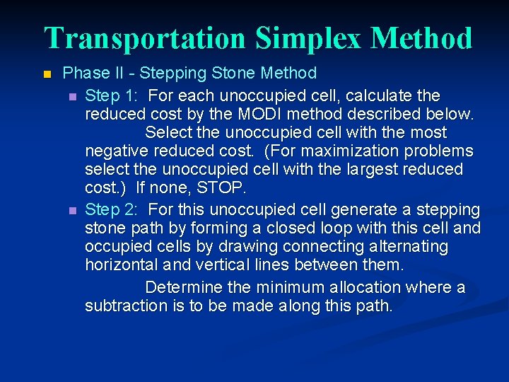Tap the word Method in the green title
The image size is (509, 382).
(x=421, y=37)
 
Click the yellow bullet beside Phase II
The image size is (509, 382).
(x=47, y=74)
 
